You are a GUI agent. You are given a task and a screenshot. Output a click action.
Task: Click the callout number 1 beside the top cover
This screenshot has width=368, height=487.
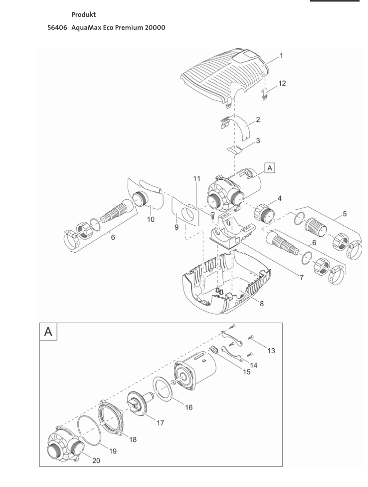(x=281, y=56)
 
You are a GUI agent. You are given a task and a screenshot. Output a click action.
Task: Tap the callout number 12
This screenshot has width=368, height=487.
(x=282, y=83)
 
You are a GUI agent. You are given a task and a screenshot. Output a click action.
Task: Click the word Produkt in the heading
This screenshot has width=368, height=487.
(x=83, y=14)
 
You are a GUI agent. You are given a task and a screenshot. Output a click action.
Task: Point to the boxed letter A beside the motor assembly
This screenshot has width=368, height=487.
(x=270, y=168)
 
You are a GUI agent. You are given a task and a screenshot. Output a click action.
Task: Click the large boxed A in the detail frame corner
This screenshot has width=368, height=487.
(x=48, y=331)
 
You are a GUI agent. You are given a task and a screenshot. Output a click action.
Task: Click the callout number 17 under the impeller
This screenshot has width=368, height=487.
(x=160, y=423)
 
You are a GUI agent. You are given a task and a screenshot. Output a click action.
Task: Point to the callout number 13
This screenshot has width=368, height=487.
(x=271, y=351)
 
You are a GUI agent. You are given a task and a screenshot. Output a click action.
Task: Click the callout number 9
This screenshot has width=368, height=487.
(x=177, y=227)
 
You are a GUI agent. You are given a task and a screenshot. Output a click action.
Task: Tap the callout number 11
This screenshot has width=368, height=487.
(x=196, y=178)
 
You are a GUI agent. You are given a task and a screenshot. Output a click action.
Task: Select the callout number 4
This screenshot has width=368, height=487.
(x=279, y=198)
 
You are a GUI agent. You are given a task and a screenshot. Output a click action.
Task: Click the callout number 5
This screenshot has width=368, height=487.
(x=345, y=214)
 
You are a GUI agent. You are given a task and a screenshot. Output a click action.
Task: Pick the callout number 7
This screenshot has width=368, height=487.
(x=301, y=278)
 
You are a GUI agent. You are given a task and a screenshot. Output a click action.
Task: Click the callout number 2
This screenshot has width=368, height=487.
(x=258, y=120)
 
